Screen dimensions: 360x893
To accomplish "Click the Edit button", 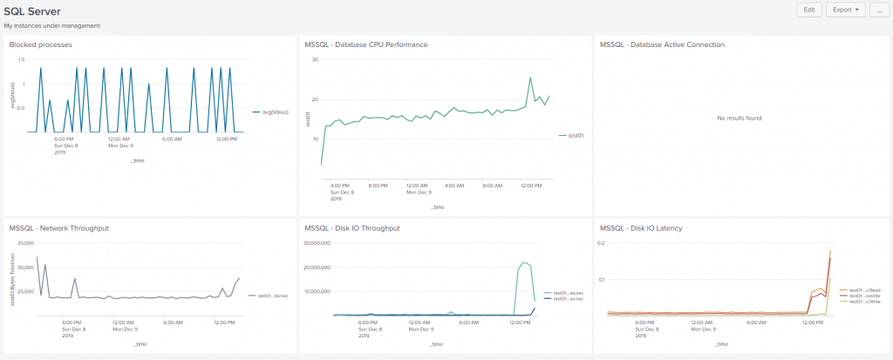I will [x=809, y=10].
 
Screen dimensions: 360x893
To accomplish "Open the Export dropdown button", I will [x=845, y=10].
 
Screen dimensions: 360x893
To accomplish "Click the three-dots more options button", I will [x=876, y=10].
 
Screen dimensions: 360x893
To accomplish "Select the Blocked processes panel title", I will [x=40, y=44].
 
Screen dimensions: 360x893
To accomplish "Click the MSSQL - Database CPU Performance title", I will [x=366, y=44].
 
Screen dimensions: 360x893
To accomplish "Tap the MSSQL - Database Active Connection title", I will [x=663, y=44].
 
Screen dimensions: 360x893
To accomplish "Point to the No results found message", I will [x=740, y=118].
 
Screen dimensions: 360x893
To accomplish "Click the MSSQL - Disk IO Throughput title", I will [x=352, y=228].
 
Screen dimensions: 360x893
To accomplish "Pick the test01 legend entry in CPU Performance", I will [x=575, y=135].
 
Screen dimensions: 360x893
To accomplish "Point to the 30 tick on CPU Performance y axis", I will [x=315, y=59].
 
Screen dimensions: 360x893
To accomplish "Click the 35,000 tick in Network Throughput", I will [x=24, y=242].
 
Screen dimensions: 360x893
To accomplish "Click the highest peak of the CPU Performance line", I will [x=530, y=78].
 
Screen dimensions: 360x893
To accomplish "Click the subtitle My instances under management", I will [x=51, y=26].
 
